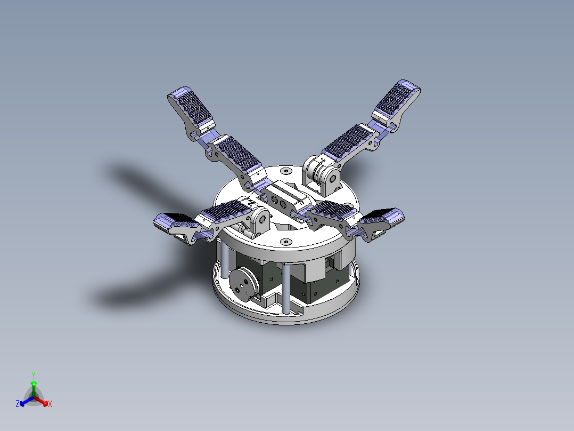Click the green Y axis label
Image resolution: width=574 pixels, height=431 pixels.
tap(33, 374)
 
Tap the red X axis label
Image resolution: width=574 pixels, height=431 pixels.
tap(50, 404)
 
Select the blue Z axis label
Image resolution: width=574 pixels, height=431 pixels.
tap(18, 404)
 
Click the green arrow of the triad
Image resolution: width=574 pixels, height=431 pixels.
tap(33, 386)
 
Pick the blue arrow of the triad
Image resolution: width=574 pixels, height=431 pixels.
tap(24, 402)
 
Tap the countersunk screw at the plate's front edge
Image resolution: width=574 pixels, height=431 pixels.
tap(286, 242)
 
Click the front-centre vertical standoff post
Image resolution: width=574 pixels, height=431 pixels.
tap(286, 288)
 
